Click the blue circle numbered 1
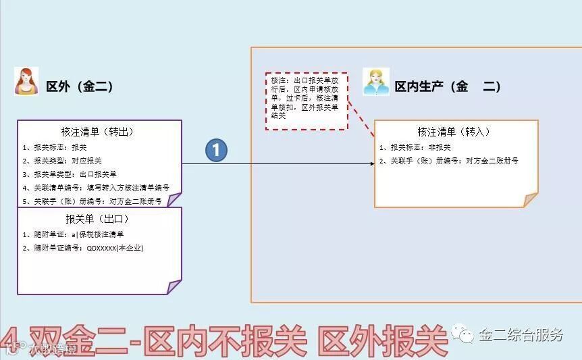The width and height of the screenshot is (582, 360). pyautogui.click(x=216, y=150)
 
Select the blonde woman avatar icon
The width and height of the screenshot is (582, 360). pyautogui.click(x=376, y=82)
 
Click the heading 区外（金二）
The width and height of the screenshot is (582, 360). pyautogui.click(x=79, y=86)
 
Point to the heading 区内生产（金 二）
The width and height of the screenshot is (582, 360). pyautogui.click(x=448, y=86)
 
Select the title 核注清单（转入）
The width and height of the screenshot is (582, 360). pyautogui.click(x=454, y=132)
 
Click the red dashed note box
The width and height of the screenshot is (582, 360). pyautogui.click(x=306, y=101)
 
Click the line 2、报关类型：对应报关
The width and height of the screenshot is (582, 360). pyautogui.click(x=61, y=160)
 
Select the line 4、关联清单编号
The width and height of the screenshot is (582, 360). pyautogui.click(x=95, y=187)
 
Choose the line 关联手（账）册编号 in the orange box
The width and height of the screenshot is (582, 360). pyautogui.click(x=448, y=161)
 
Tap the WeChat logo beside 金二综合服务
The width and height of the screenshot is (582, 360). pyautogui.click(x=462, y=334)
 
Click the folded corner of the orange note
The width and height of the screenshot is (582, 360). pyautogui.click(x=530, y=200)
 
